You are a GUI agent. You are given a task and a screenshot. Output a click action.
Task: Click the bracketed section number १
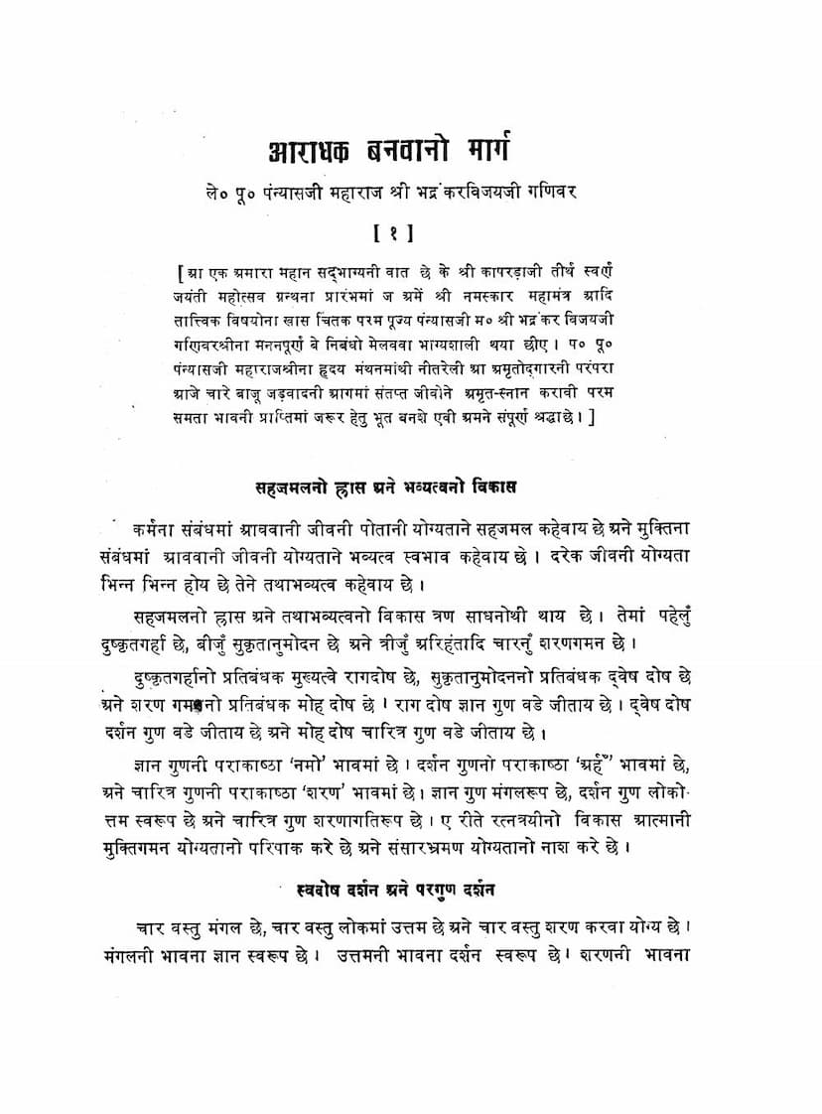click(x=411, y=235)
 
